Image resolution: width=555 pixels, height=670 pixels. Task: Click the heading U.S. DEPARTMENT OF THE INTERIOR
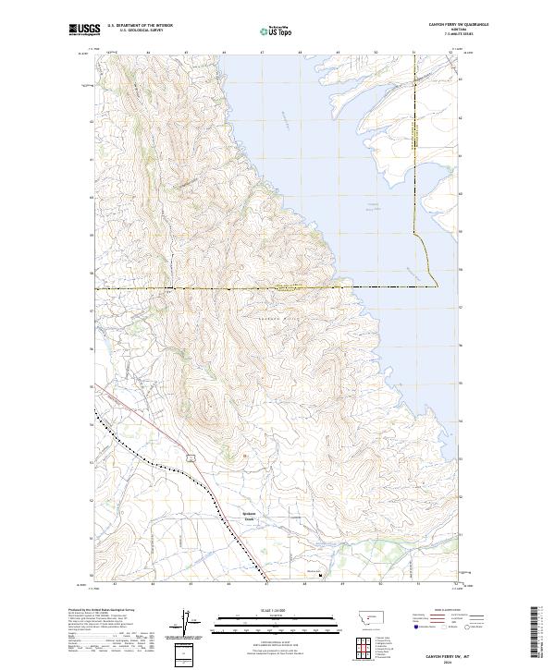[x=140, y=26]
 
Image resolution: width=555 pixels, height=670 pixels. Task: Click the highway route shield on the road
[x=189, y=457]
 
